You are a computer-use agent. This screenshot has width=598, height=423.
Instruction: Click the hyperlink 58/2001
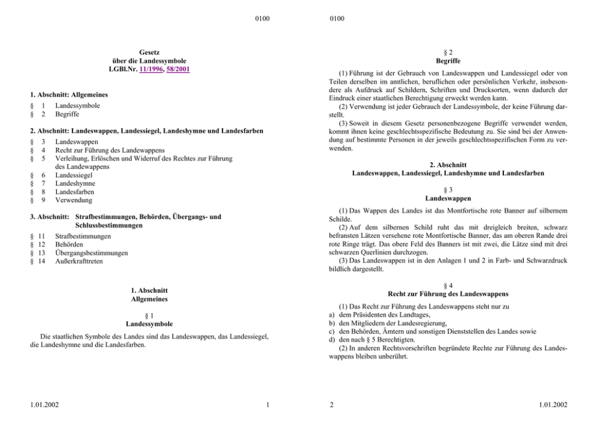pos(180,69)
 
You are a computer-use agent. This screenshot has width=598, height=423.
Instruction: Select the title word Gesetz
pos(148,52)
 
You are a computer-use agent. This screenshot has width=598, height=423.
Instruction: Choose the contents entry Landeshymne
pos(75,183)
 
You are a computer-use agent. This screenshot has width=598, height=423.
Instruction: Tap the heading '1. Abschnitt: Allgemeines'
pos(69,95)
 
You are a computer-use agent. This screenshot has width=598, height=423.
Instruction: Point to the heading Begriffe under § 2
pos(448,61)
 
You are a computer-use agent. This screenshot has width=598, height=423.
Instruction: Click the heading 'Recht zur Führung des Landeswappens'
pos(448,294)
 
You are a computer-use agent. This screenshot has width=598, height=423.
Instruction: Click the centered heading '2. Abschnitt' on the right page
pos(448,165)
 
